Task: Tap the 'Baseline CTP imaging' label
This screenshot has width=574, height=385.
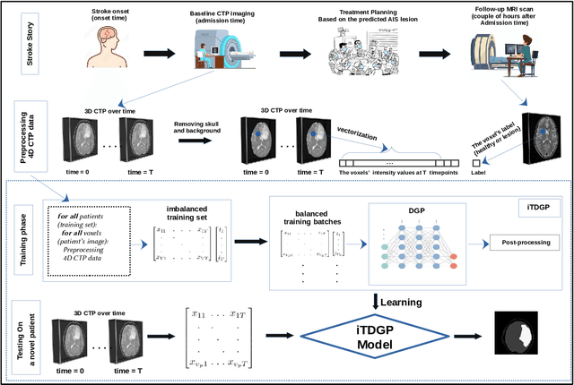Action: pos(218,8)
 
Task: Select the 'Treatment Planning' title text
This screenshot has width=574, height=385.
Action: pos(373,8)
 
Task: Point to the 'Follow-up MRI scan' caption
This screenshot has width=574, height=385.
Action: pos(517,8)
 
